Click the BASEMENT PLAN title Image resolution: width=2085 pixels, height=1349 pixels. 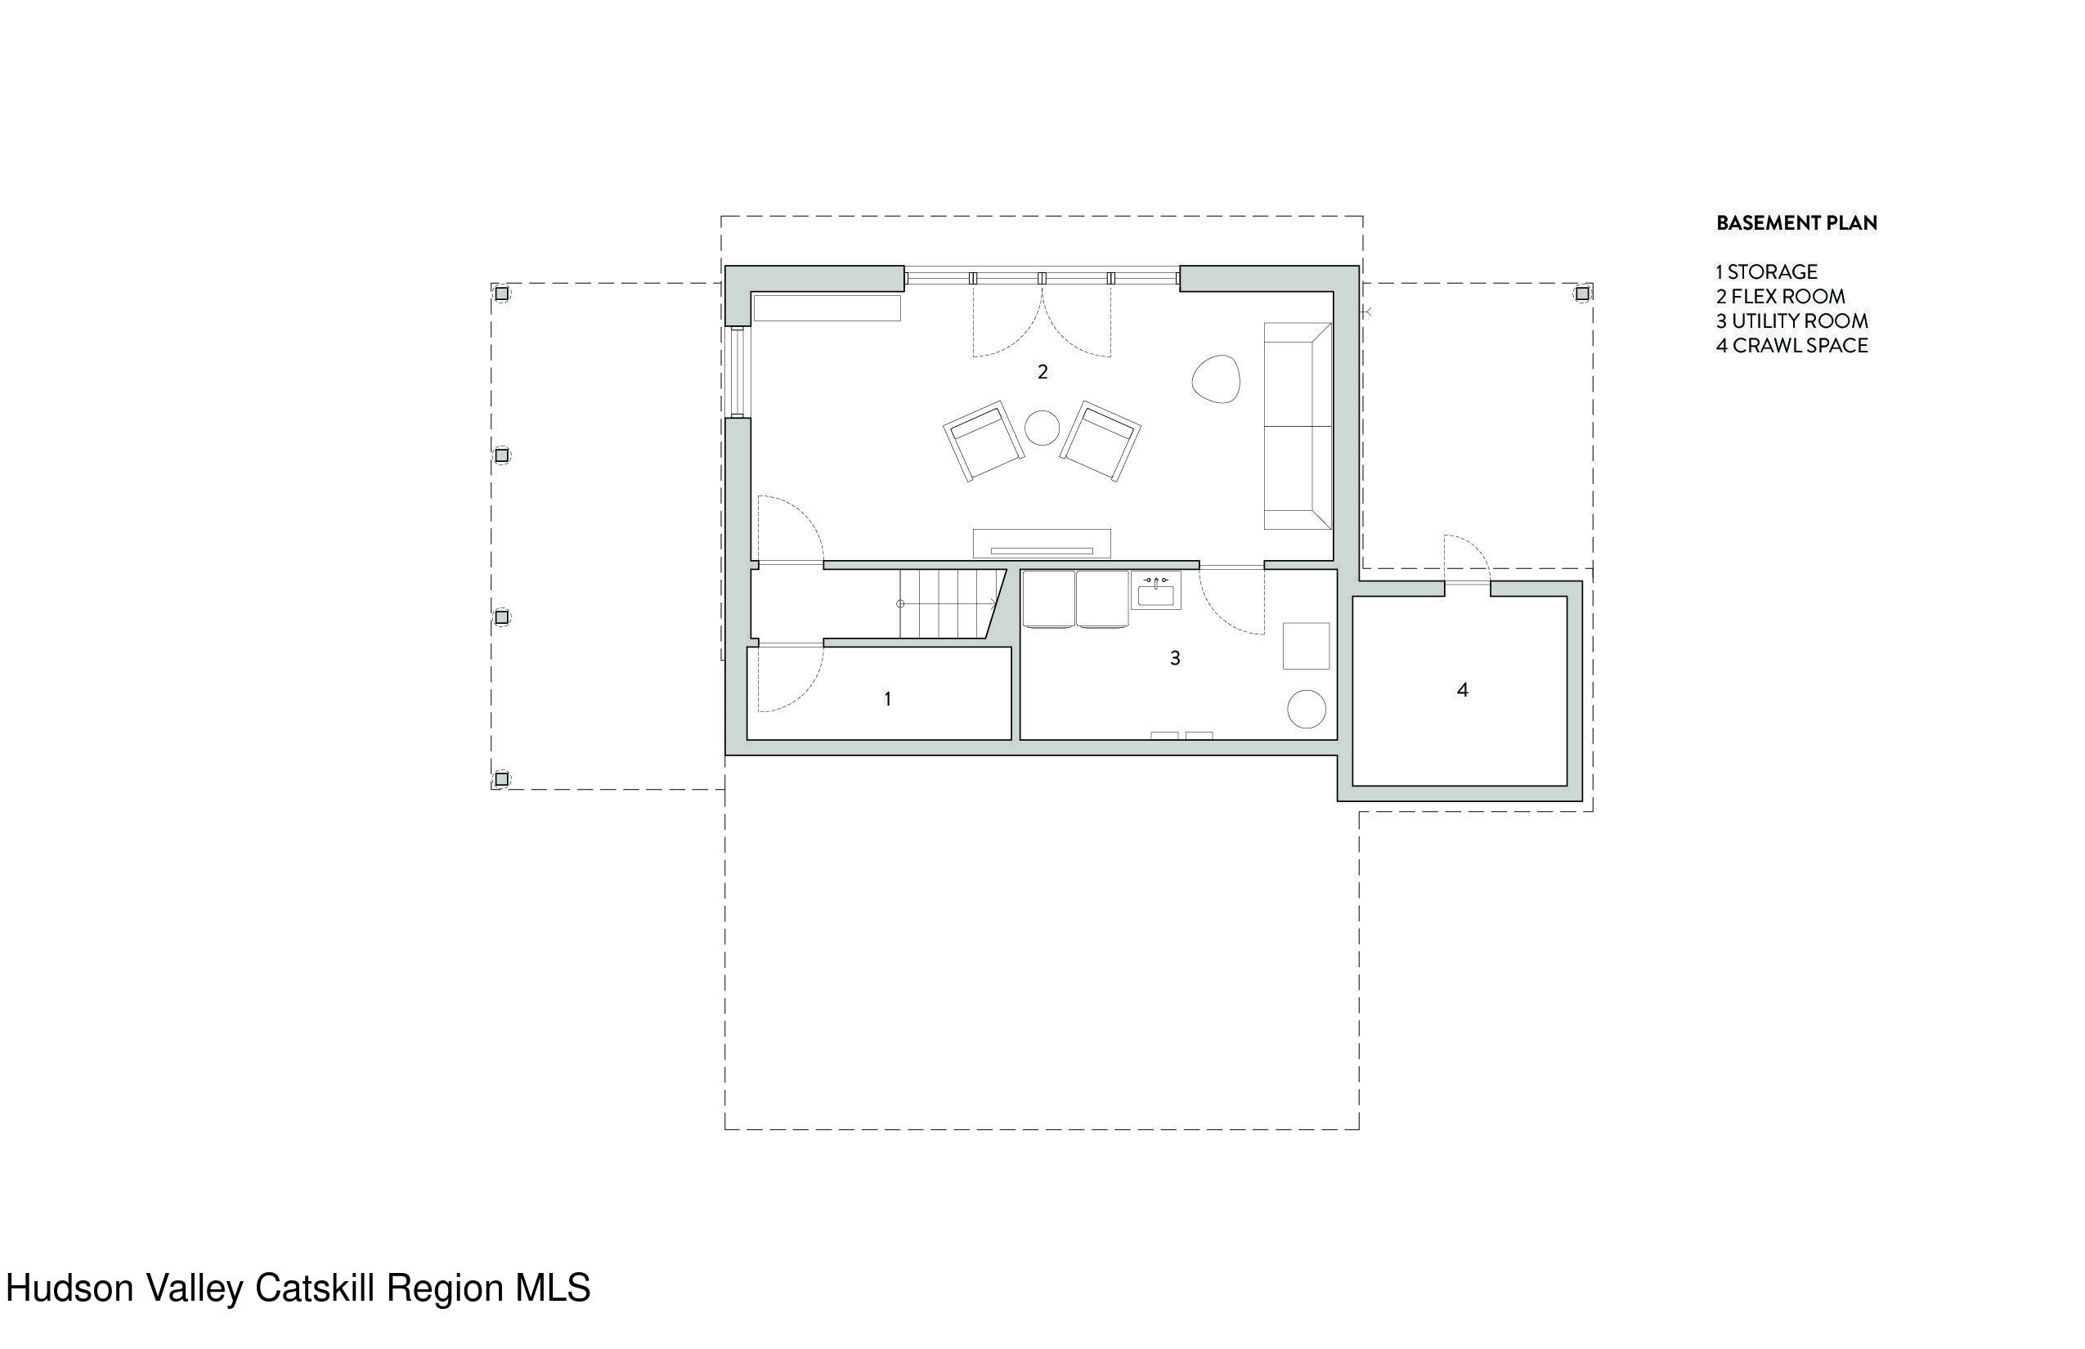point(1796,223)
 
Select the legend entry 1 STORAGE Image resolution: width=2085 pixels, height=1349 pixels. point(1766,272)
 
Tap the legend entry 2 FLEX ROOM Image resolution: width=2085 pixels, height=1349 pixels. point(1780,297)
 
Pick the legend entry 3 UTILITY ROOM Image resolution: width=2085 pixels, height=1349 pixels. point(1791,321)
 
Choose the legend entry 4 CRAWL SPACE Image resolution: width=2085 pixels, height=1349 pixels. point(1791,346)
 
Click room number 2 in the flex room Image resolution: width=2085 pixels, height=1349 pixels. point(1042,372)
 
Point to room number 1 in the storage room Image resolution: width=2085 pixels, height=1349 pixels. point(887,699)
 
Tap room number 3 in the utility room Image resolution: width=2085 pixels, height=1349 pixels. point(1175,658)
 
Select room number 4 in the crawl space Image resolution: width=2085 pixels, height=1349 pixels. point(1462,690)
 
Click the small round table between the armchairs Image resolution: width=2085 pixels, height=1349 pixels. point(1042,428)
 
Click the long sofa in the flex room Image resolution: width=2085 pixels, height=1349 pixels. point(1298,427)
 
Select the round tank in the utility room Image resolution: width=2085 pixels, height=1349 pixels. point(1305,709)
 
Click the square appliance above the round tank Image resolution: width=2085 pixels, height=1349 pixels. point(1305,647)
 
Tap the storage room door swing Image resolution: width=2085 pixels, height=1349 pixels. point(788,679)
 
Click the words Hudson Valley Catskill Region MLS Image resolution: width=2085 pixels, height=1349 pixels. point(298,1288)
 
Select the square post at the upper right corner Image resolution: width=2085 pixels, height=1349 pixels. point(1582,294)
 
